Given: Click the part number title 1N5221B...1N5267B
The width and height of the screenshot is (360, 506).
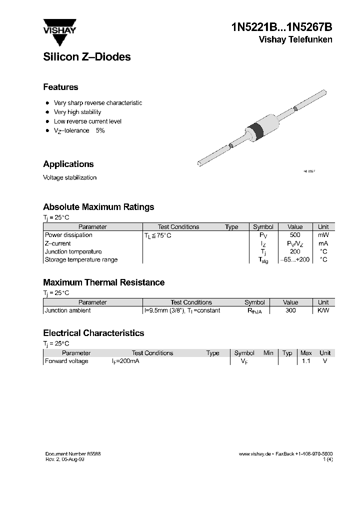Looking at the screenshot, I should click(281, 27).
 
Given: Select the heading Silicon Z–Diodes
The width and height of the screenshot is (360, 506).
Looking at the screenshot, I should click(86, 57).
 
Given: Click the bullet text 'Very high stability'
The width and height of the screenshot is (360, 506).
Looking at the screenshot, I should click(77, 112).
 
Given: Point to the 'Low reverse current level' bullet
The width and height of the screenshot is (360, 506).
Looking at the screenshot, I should click(87, 121).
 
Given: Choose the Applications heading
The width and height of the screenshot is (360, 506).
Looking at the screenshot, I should click(68, 164).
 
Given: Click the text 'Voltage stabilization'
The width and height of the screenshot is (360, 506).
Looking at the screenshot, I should click(69, 177).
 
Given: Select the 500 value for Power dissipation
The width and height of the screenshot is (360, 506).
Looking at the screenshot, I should click(295, 235).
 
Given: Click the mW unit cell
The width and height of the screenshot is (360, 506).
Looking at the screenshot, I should click(323, 235).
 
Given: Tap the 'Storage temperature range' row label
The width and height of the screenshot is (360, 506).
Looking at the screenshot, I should click(81, 259).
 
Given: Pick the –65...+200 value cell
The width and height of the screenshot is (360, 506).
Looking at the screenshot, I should click(295, 260).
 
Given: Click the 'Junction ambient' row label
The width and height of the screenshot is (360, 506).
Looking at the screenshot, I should click(68, 310).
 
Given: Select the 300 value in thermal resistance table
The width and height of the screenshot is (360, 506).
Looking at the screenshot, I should click(290, 310).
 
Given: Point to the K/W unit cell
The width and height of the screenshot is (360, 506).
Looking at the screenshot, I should click(323, 310).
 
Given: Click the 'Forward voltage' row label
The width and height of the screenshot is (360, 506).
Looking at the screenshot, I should click(66, 361).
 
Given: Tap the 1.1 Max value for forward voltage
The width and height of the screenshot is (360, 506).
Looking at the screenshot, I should click(306, 361).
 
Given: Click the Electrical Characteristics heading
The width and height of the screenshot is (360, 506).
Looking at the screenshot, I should click(93, 333).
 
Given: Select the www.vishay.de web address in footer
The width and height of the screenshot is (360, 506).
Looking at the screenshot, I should click(254, 453).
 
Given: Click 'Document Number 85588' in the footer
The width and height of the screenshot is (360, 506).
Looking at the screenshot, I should click(73, 453).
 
